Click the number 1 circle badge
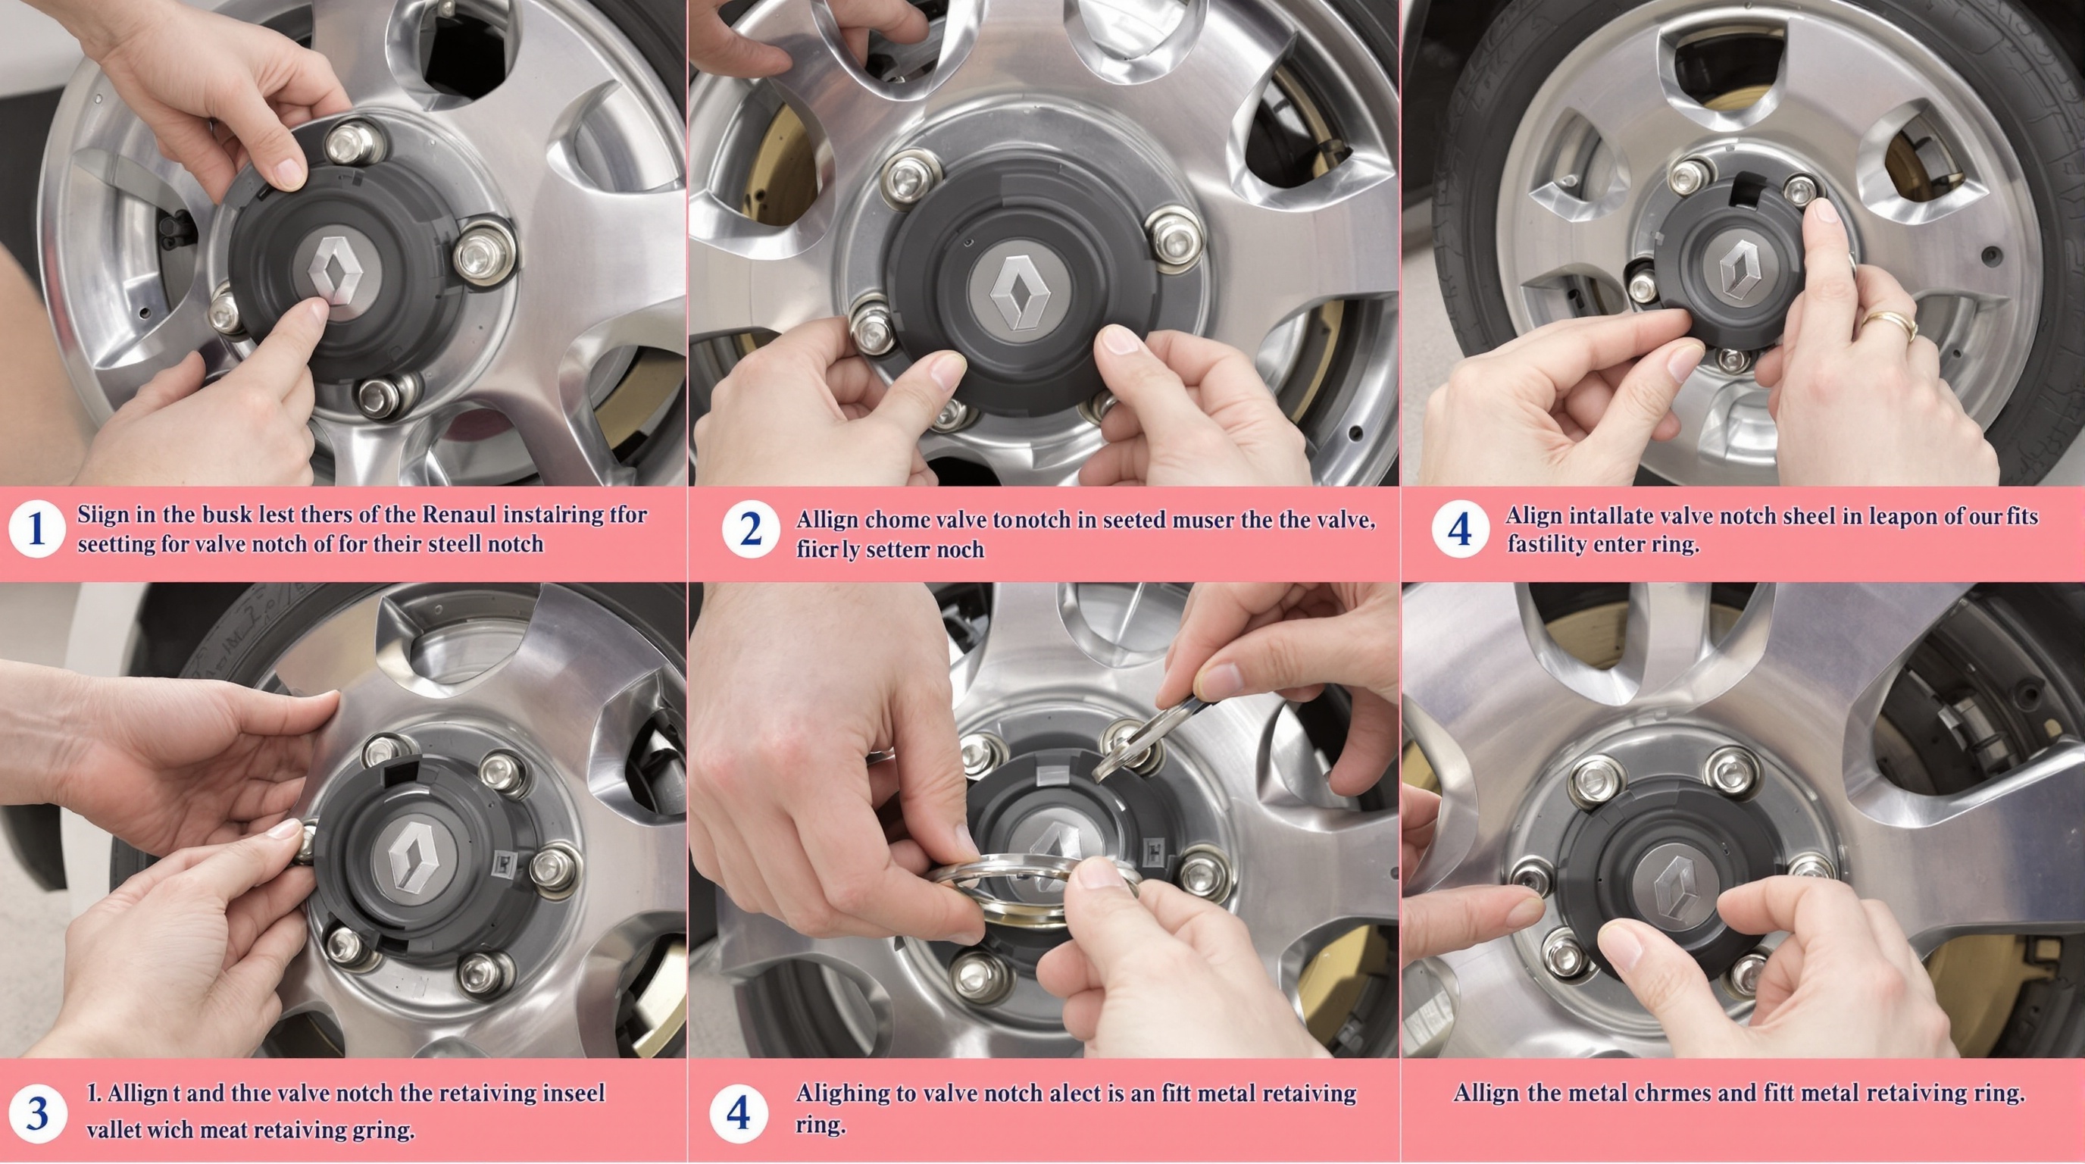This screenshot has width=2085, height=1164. tap(36, 530)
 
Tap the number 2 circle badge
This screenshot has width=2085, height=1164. tap(750, 530)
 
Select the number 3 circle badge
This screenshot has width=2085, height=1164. tap(36, 1114)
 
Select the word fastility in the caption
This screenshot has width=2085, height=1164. tap(1545, 544)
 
